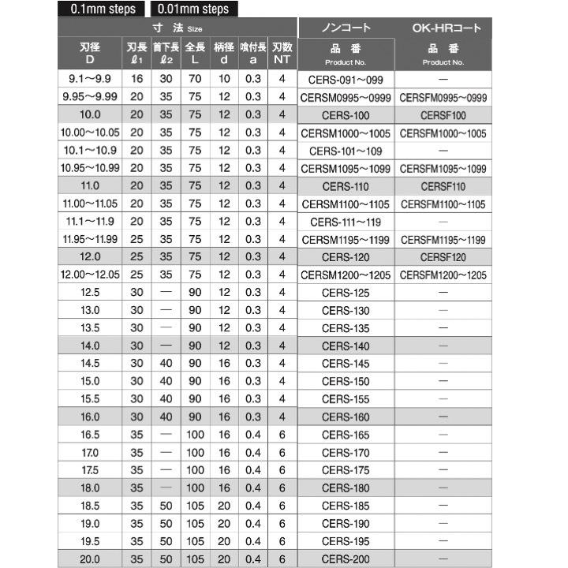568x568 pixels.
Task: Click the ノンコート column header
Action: (x=346, y=28)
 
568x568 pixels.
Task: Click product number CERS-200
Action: (x=346, y=559)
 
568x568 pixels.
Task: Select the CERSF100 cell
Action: (x=443, y=115)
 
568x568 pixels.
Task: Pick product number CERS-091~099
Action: (x=346, y=80)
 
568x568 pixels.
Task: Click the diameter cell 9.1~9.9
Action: (x=91, y=80)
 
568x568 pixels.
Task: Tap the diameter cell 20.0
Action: (x=91, y=559)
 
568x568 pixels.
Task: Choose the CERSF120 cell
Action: (x=443, y=257)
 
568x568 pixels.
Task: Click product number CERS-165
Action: (x=346, y=435)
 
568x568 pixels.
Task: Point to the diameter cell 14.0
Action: (x=91, y=346)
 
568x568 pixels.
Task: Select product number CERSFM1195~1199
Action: (x=443, y=240)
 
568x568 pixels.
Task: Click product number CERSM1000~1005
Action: (x=346, y=133)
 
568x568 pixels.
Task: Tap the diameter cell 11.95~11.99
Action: (x=91, y=240)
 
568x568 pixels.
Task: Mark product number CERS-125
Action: (x=346, y=293)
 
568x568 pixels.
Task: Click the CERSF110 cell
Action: (x=443, y=186)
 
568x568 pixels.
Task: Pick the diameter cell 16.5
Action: (x=91, y=435)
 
